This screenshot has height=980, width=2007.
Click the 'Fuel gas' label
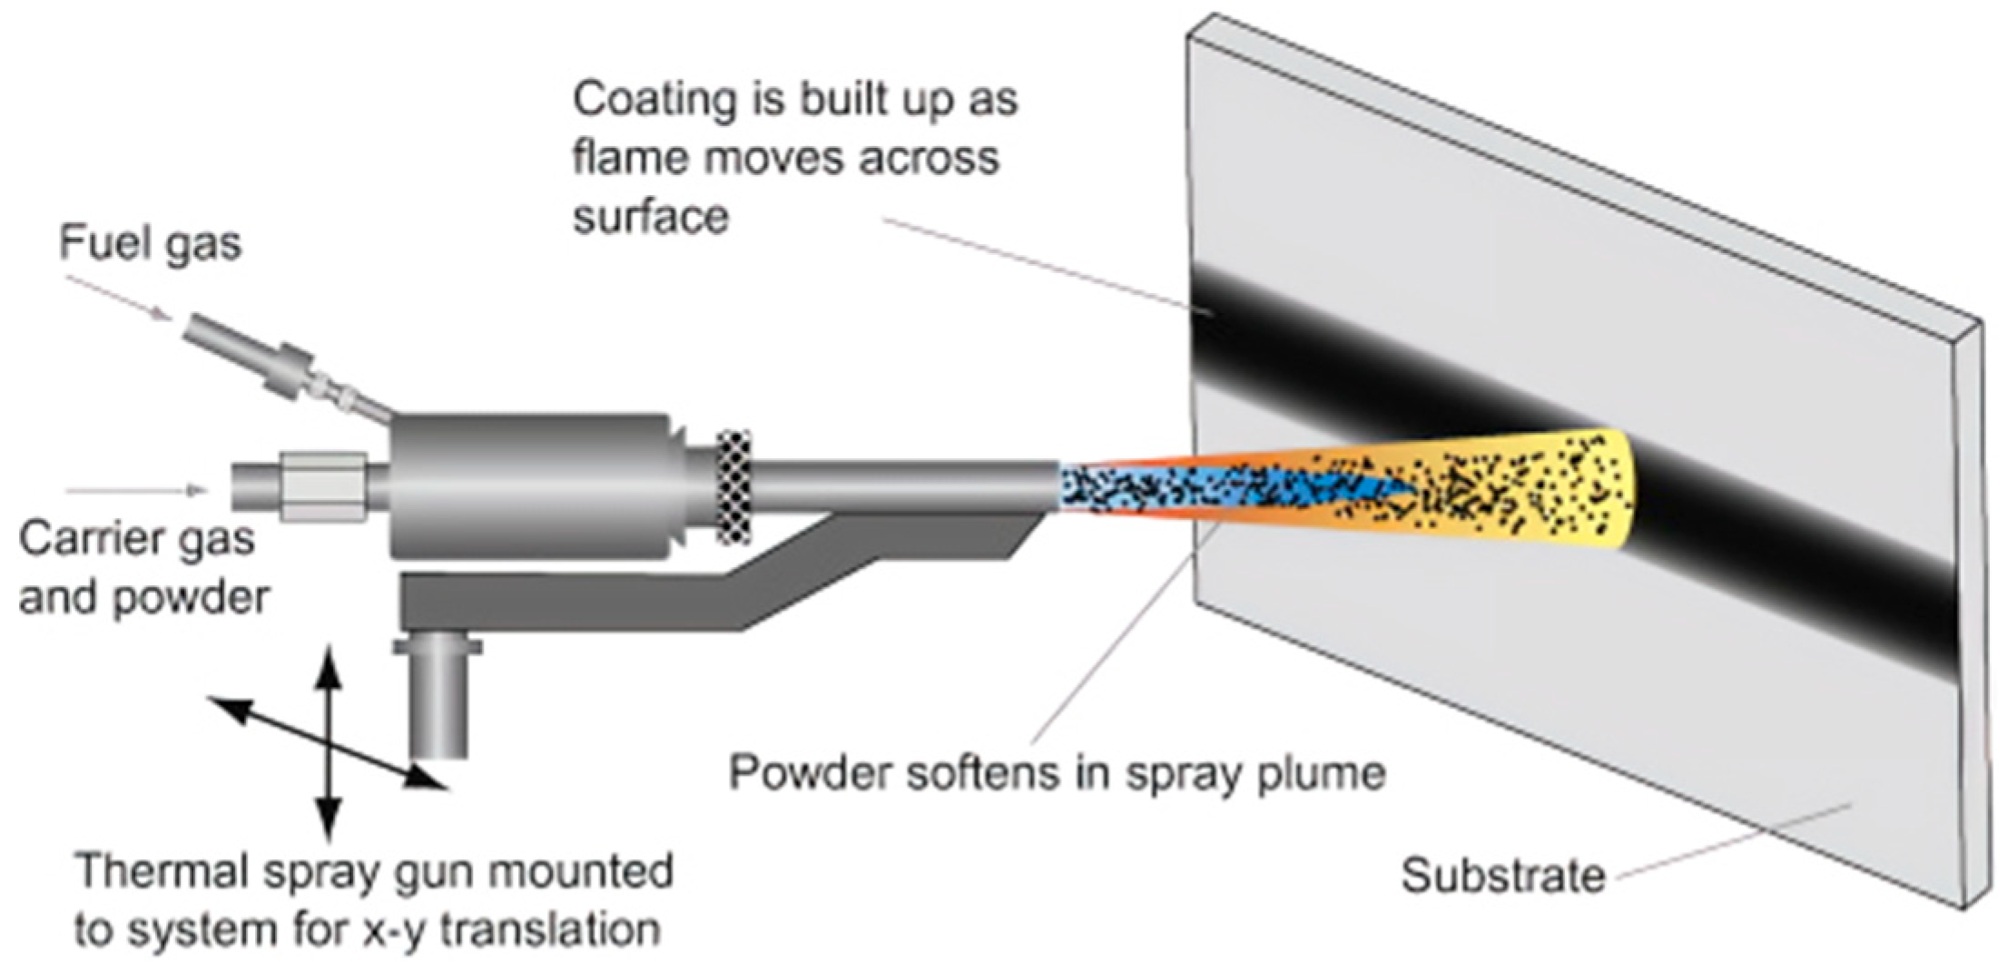(151, 244)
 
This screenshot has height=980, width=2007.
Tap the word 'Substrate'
(1502, 876)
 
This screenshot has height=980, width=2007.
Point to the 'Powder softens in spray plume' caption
(1057, 773)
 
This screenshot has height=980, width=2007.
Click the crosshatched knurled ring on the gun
(733, 488)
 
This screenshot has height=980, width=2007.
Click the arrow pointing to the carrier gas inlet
(136, 491)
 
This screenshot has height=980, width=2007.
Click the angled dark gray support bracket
(726, 585)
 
